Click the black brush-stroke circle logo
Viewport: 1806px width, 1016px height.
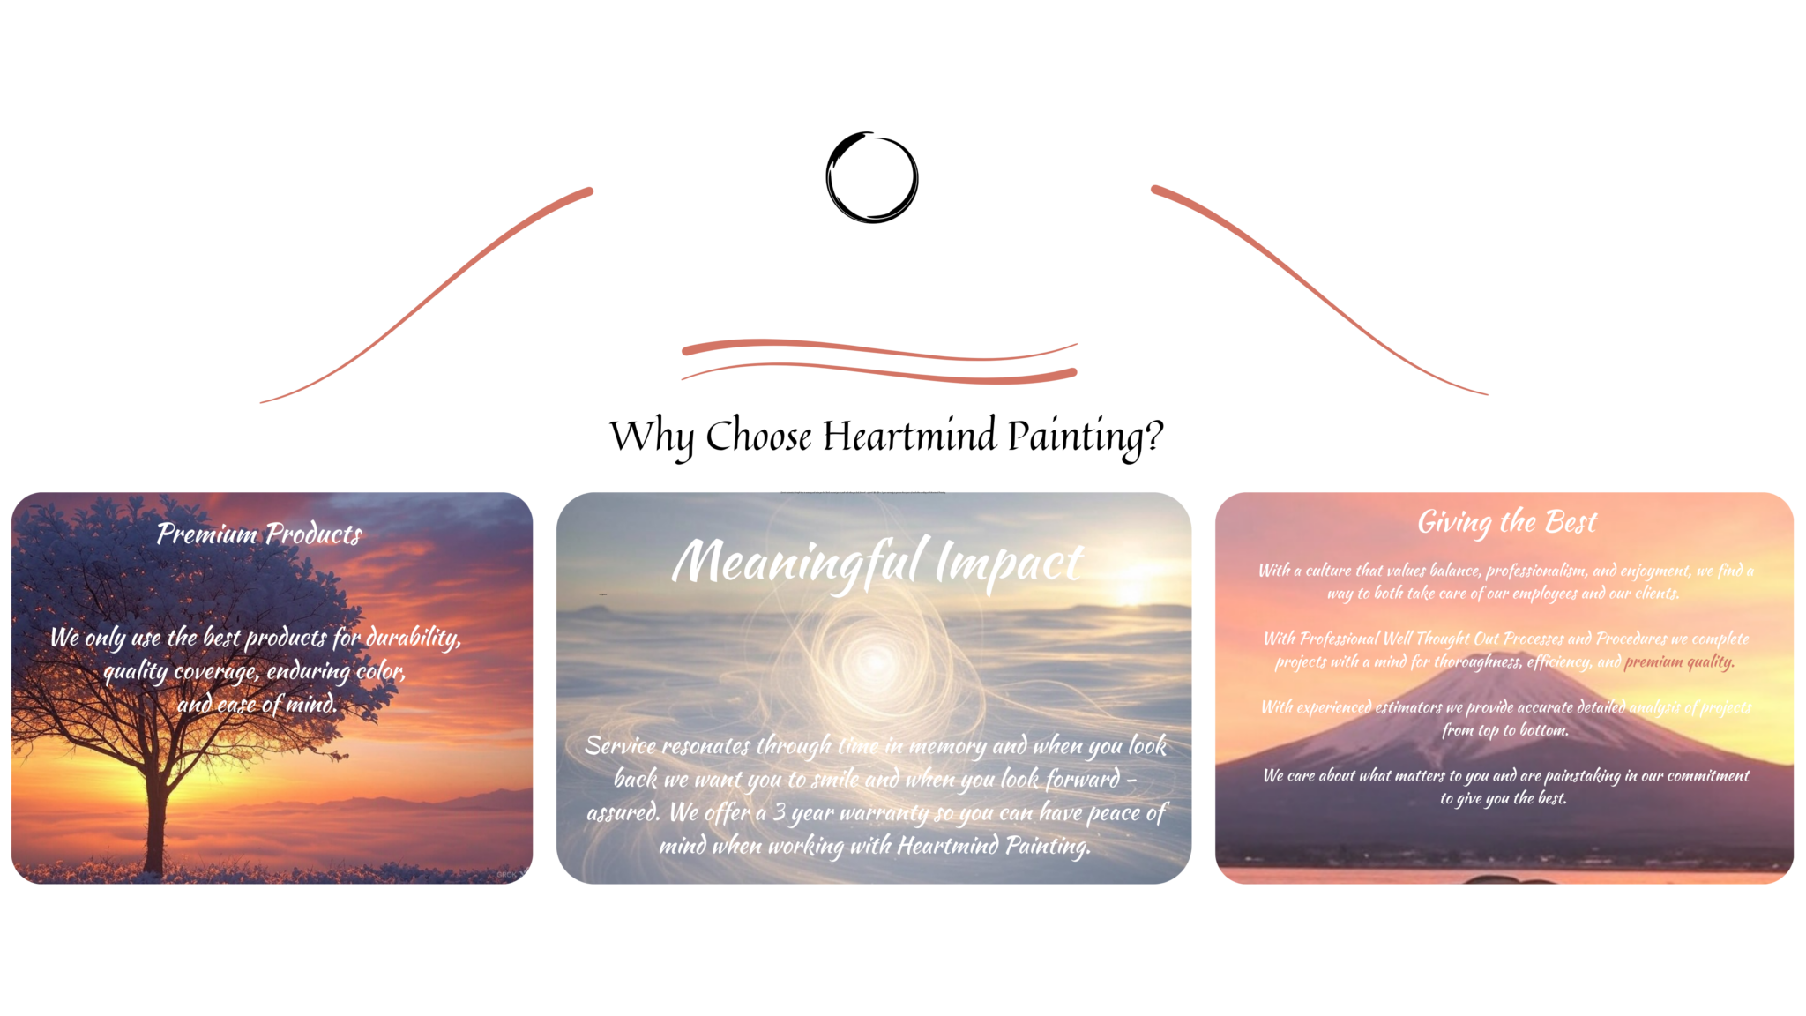871,177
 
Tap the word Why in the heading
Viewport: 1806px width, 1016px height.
652,436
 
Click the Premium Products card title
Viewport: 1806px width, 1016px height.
259,534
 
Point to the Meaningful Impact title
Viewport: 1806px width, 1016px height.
877,563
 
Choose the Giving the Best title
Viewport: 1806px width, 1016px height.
1506,522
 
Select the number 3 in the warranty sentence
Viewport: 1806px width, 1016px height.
779,812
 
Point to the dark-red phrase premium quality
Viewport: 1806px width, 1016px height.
1678,661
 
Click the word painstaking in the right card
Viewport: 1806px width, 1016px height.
1581,775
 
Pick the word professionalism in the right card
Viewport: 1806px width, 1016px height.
1534,571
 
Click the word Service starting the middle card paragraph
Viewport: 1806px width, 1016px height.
620,746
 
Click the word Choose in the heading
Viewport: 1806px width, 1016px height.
757,436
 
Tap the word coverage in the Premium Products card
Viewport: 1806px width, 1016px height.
216,672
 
